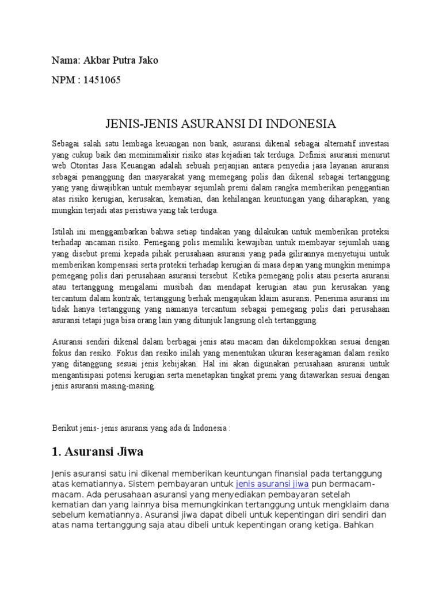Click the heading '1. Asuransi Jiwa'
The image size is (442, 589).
pyautogui.click(x=97, y=450)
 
